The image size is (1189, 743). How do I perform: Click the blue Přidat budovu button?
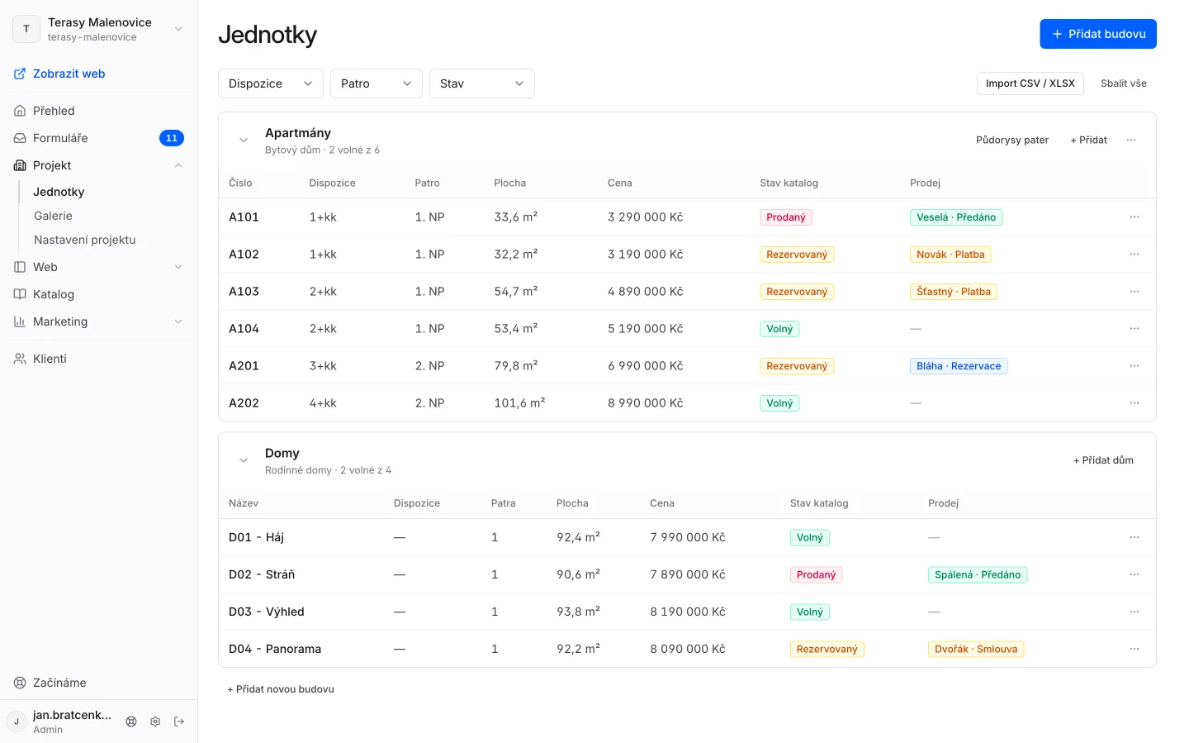pyautogui.click(x=1097, y=34)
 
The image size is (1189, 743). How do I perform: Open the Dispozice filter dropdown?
pyautogui.click(x=270, y=83)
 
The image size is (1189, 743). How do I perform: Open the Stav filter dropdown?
pyautogui.click(x=481, y=83)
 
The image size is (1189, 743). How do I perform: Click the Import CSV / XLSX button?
pyautogui.click(x=1030, y=83)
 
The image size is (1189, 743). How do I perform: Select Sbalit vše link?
pyautogui.click(x=1123, y=83)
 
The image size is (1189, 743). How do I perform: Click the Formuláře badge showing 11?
pyautogui.click(x=172, y=138)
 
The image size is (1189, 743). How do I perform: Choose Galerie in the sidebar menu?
pyautogui.click(x=53, y=216)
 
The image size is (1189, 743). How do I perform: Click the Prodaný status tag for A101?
pyautogui.click(x=785, y=217)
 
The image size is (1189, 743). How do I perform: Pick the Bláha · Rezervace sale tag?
pyautogui.click(x=958, y=366)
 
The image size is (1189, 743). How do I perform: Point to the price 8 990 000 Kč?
pyautogui.click(x=645, y=402)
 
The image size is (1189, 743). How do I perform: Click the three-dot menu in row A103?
pyautogui.click(x=1135, y=291)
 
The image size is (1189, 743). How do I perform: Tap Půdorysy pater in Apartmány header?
pyautogui.click(x=1012, y=140)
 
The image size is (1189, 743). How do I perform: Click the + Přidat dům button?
pyautogui.click(x=1103, y=460)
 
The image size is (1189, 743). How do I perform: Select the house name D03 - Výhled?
pyautogui.click(x=267, y=612)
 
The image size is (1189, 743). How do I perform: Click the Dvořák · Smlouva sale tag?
pyautogui.click(x=976, y=649)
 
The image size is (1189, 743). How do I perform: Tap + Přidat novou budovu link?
pyautogui.click(x=280, y=689)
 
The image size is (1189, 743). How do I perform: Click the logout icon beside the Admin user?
pyautogui.click(x=179, y=722)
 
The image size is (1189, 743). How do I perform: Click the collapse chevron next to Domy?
pyautogui.click(x=243, y=460)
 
